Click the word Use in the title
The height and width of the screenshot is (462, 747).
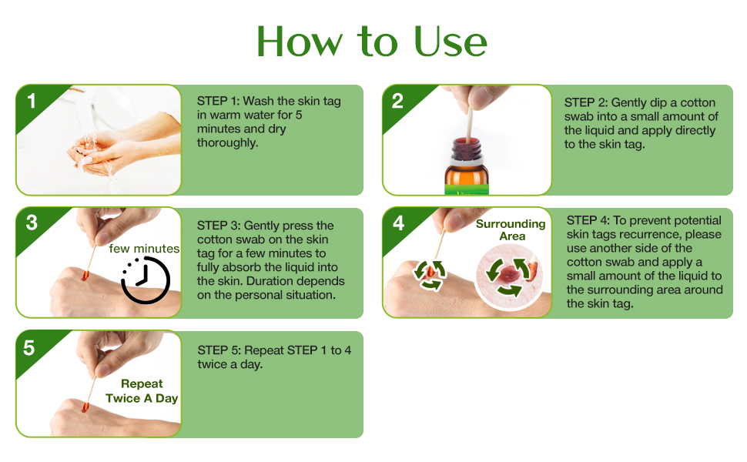coord(451,42)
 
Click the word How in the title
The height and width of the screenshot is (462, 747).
coord(300,42)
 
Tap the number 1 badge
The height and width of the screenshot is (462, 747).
coord(32,101)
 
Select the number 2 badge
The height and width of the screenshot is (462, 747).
coord(397,101)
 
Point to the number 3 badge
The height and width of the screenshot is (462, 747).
coord(32,223)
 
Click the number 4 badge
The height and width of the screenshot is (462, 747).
coord(398,223)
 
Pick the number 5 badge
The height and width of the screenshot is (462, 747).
coord(29,348)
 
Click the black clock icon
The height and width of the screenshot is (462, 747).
coord(146,280)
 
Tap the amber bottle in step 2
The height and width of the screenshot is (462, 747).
coord(467,166)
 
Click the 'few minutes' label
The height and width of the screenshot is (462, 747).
coord(144,249)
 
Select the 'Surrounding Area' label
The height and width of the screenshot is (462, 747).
coord(511,229)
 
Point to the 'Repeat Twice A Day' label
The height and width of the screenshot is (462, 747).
coord(142,391)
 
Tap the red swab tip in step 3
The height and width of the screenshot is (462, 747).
coord(85,276)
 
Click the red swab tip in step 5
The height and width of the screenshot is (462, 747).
coord(85,407)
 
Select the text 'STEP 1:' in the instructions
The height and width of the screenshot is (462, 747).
coord(218,101)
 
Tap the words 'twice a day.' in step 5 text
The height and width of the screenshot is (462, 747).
coord(230,365)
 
